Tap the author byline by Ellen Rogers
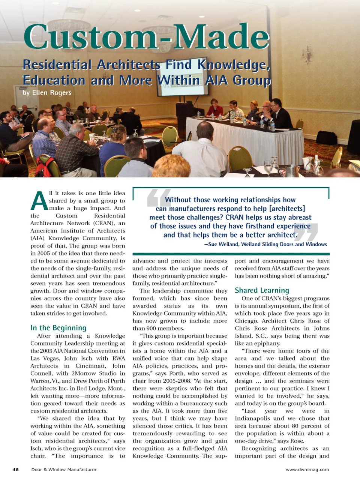point(47,93)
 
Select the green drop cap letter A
point(39,201)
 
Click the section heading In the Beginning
point(58,328)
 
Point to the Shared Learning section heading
point(262,290)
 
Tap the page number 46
point(15,470)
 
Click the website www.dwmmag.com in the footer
point(307,470)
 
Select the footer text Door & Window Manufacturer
point(64,470)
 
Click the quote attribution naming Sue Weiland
point(265,245)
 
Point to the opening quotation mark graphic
point(154,198)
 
